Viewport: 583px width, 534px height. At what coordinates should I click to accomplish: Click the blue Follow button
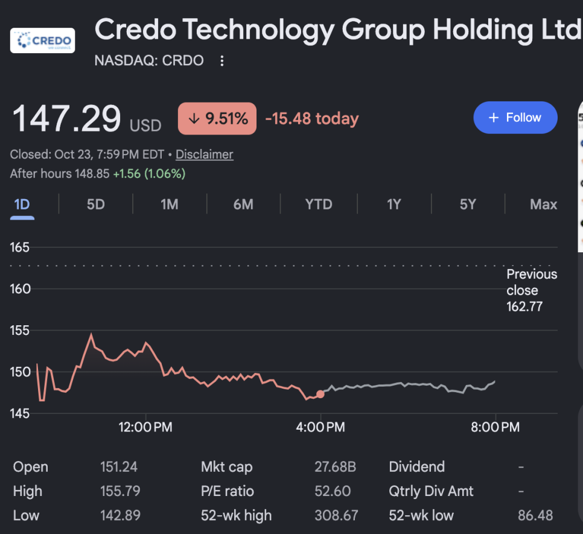point(515,118)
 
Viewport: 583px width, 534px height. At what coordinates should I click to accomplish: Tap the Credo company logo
point(42,40)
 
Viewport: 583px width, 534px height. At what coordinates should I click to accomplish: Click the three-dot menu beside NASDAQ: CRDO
point(222,60)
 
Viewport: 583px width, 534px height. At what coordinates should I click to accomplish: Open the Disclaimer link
point(205,154)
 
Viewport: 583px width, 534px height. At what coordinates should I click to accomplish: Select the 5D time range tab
point(95,205)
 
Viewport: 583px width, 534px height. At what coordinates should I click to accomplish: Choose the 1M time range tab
point(170,205)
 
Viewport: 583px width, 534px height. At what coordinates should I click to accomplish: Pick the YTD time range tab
point(319,205)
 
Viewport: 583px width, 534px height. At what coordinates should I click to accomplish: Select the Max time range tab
point(543,205)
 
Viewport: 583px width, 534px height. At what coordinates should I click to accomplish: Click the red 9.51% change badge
point(217,118)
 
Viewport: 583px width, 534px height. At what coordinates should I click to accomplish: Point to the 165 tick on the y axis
point(20,247)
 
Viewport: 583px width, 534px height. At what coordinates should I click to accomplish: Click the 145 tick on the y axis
point(20,413)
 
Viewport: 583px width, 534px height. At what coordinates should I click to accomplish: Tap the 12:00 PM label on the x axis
point(145,427)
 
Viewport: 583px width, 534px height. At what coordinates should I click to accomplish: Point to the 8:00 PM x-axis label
point(495,427)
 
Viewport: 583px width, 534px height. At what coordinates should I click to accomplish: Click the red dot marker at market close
point(320,394)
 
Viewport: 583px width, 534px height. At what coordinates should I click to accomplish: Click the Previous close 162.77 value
point(524,307)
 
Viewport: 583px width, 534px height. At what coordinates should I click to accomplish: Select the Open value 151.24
point(119,467)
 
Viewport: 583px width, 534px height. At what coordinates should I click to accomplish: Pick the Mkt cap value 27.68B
point(336,467)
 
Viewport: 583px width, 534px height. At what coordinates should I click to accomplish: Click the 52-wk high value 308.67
point(336,515)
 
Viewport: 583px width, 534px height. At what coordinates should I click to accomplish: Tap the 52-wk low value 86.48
point(535,515)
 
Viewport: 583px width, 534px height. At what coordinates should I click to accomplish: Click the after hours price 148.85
point(92,174)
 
